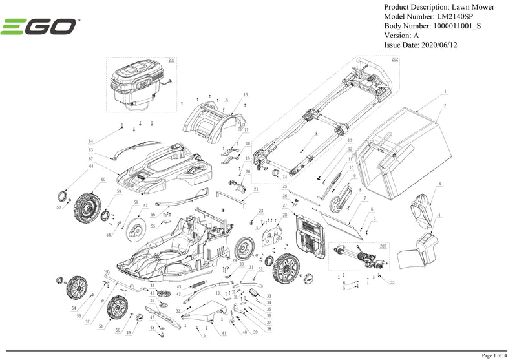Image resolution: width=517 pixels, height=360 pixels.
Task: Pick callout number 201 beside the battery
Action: [171, 60]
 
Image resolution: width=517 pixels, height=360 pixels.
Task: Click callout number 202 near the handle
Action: [395, 59]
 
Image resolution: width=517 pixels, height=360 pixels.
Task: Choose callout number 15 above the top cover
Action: [246, 95]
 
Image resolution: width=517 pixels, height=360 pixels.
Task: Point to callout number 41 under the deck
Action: [224, 333]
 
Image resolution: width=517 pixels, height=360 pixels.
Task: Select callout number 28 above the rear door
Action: [284, 214]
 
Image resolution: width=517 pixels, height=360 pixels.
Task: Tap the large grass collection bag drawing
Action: [401, 149]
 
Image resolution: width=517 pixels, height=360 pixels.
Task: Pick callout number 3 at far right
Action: [439, 184]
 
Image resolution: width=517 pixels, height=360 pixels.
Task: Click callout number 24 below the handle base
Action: [284, 176]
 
